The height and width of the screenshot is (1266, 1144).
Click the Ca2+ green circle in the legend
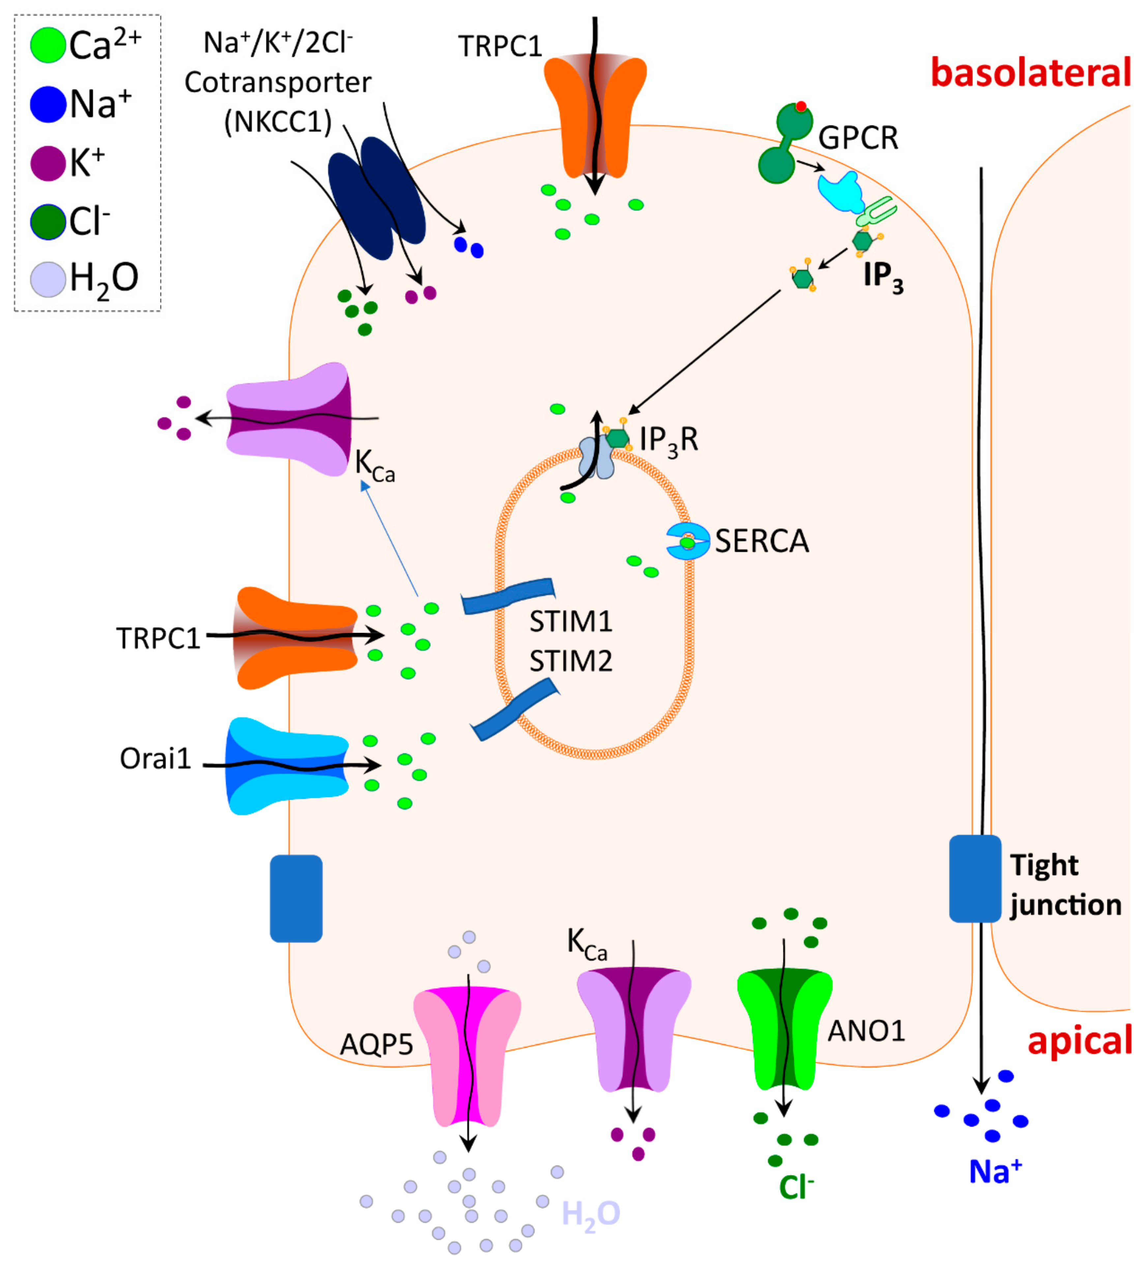(48, 45)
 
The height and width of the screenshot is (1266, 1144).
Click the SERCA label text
(762, 541)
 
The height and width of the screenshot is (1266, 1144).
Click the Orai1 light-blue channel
(286, 766)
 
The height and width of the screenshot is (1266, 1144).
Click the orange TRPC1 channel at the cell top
(595, 116)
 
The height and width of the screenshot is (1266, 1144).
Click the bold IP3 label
(882, 276)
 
